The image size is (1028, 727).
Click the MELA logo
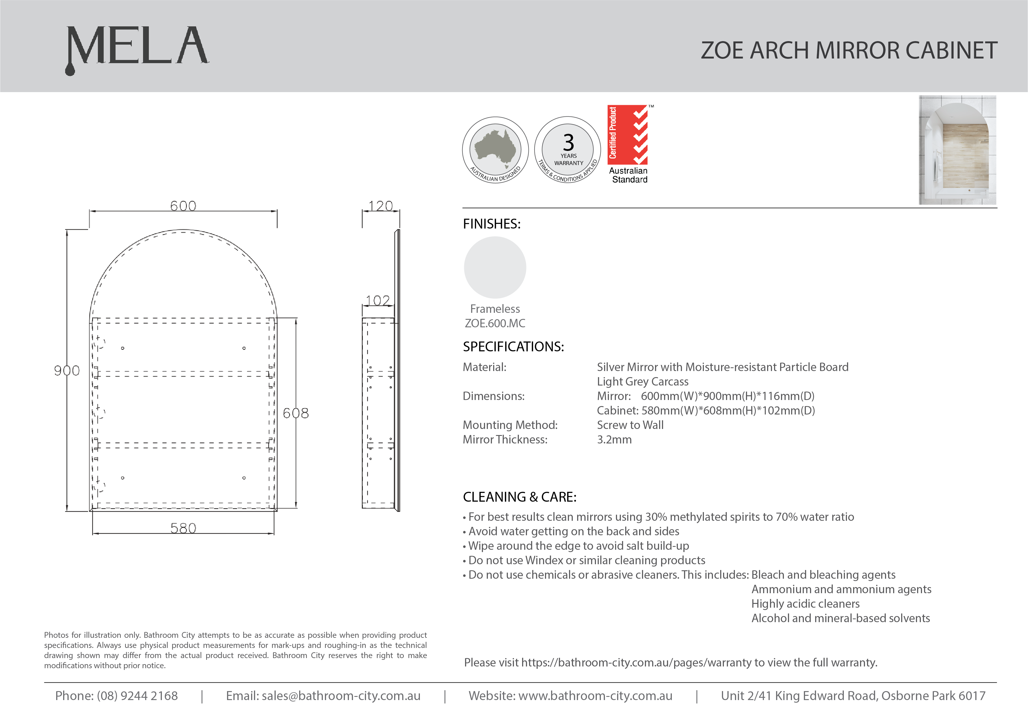[137, 48]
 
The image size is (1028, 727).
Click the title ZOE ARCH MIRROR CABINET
[848, 50]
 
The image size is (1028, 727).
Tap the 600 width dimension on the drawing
[183, 206]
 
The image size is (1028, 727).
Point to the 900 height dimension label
[67, 370]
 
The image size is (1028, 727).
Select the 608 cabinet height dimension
[295, 413]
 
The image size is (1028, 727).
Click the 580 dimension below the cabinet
[183, 528]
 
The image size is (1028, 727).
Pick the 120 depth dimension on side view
[381, 206]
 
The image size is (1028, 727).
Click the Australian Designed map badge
[495, 150]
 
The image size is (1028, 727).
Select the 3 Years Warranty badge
[568, 150]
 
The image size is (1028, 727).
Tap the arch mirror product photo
[957, 150]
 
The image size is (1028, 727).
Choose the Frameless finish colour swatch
[495, 267]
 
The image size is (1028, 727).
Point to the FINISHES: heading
[492, 224]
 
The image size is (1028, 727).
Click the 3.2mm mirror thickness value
[614, 439]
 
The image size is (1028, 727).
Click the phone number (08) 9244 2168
[137, 696]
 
